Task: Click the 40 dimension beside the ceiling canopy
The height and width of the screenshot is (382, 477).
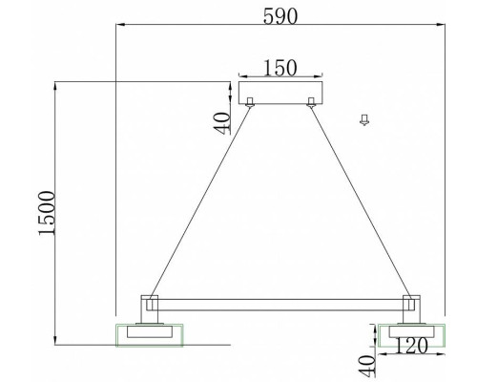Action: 222,121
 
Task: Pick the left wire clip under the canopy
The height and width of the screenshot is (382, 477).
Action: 250,102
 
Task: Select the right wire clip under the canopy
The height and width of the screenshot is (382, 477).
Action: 311,102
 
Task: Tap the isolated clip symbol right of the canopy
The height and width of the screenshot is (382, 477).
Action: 363,119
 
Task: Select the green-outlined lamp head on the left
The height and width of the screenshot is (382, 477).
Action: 147,334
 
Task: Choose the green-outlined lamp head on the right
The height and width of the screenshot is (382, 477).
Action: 409,334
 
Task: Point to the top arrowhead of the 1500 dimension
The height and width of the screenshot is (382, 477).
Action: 57,86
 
